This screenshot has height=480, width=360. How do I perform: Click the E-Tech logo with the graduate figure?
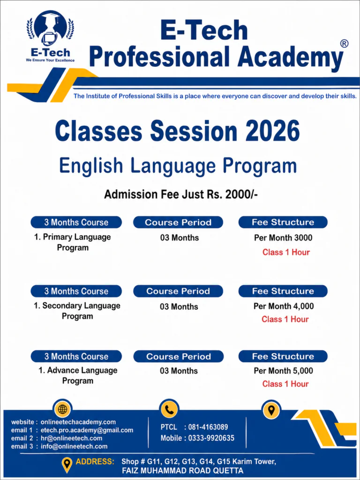point(50,37)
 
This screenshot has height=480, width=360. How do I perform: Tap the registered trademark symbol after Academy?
point(344,44)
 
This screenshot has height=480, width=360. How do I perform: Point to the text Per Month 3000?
point(283,238)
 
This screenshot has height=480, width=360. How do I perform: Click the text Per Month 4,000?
point(284,306)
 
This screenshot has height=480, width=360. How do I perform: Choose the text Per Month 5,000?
point(284,371)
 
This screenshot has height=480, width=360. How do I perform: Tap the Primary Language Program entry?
point(73,242)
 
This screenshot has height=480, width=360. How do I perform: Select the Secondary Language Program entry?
point(77,311)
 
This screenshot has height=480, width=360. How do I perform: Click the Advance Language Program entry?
point(78,375)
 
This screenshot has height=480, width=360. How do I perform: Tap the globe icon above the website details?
point(62,409)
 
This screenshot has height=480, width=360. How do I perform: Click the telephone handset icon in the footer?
point(169,409)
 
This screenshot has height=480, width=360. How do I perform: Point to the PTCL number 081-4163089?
point(208,427)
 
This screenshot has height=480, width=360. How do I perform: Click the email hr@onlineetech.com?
point(71,438)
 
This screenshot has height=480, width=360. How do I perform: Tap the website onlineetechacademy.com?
point(78,422)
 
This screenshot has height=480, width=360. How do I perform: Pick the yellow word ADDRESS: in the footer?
point(95,462)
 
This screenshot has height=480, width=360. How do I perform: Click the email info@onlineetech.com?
point(74,446)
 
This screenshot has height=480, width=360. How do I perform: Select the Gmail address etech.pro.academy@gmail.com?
point(87,430)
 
